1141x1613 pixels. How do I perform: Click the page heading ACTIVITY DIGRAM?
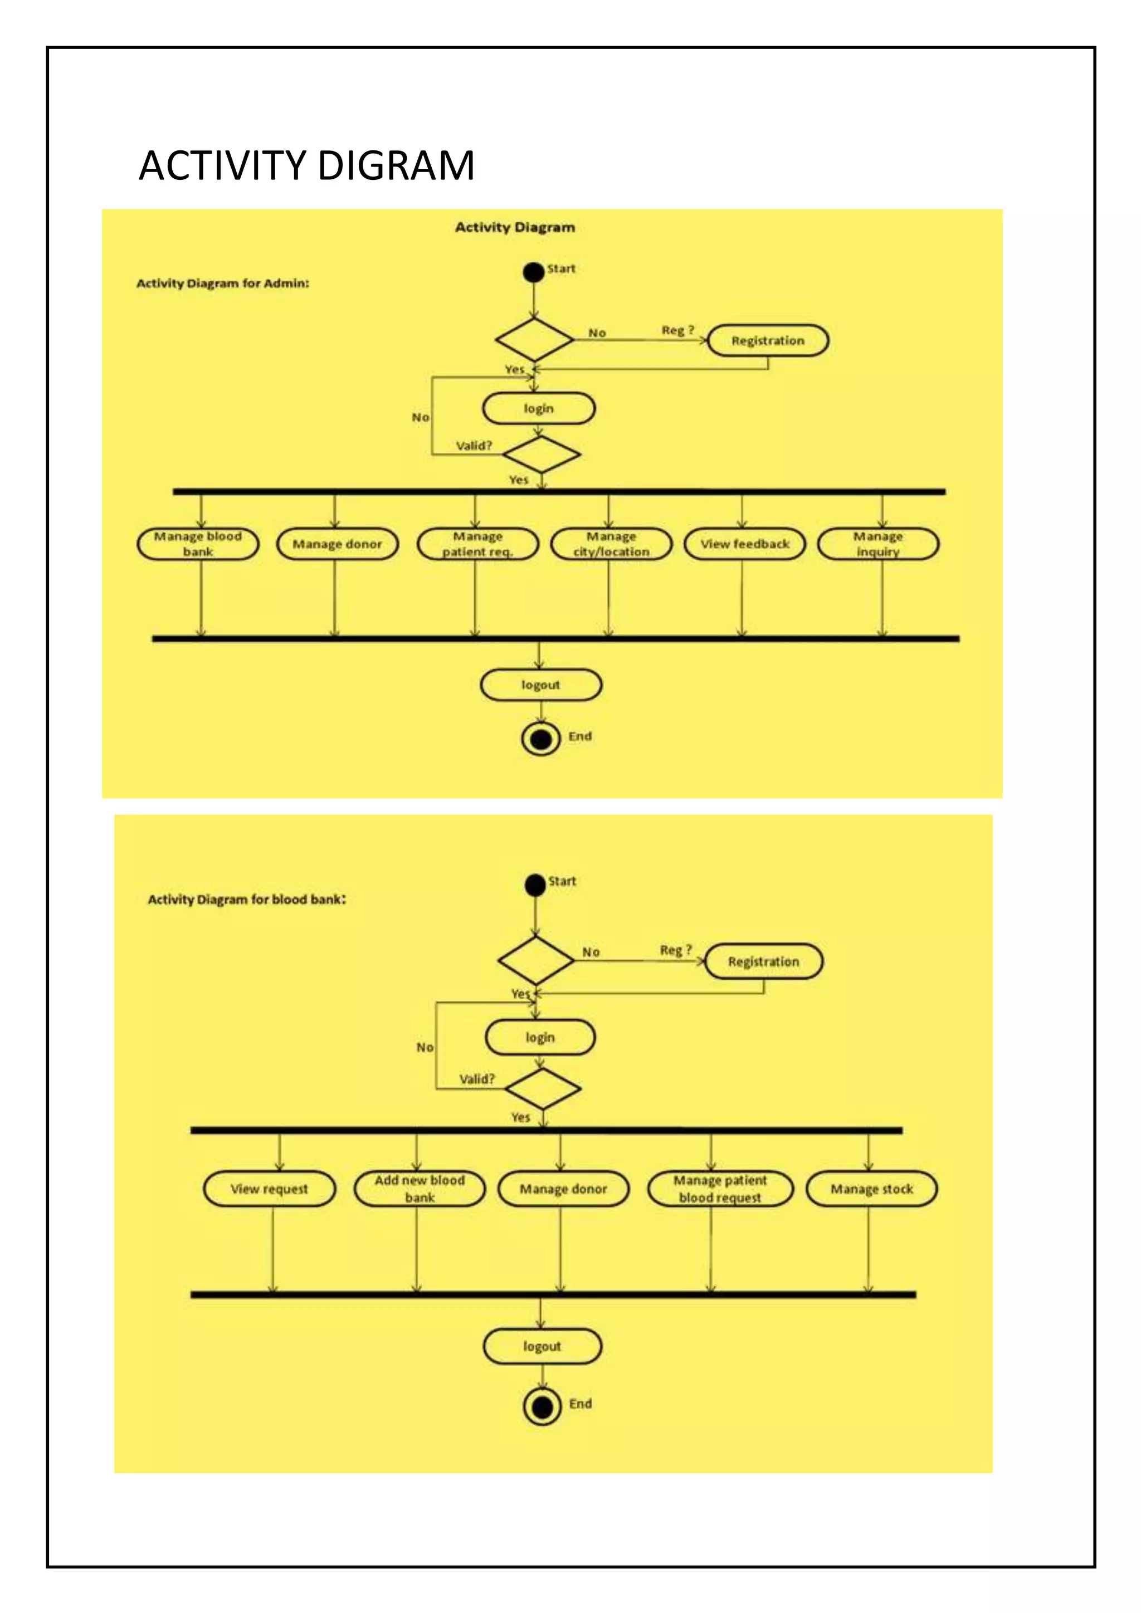tap(306, 166)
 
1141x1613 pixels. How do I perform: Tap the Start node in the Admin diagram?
tap(534, 272)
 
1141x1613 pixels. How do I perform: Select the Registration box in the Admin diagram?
tap(767, 341)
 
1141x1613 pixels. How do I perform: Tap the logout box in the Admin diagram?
tap(540, 685)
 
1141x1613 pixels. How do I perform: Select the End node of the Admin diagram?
tap(540, 739)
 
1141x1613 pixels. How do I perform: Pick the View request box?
tap(269, 1189)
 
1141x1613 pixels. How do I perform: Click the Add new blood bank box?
tap(420, 1189)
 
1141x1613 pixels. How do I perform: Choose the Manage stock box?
tap(871, 1189)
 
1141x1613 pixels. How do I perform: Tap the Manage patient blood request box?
tap(720, 1189)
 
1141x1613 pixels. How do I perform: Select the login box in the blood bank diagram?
tap(540, 1038)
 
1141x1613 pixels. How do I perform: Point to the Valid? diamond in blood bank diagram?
tap(543, 1089)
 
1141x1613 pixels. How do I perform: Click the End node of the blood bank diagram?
tap(542, 1406)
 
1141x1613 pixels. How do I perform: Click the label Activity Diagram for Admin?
tap(223, 283)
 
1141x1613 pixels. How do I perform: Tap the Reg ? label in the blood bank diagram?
tap(675, 950)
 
